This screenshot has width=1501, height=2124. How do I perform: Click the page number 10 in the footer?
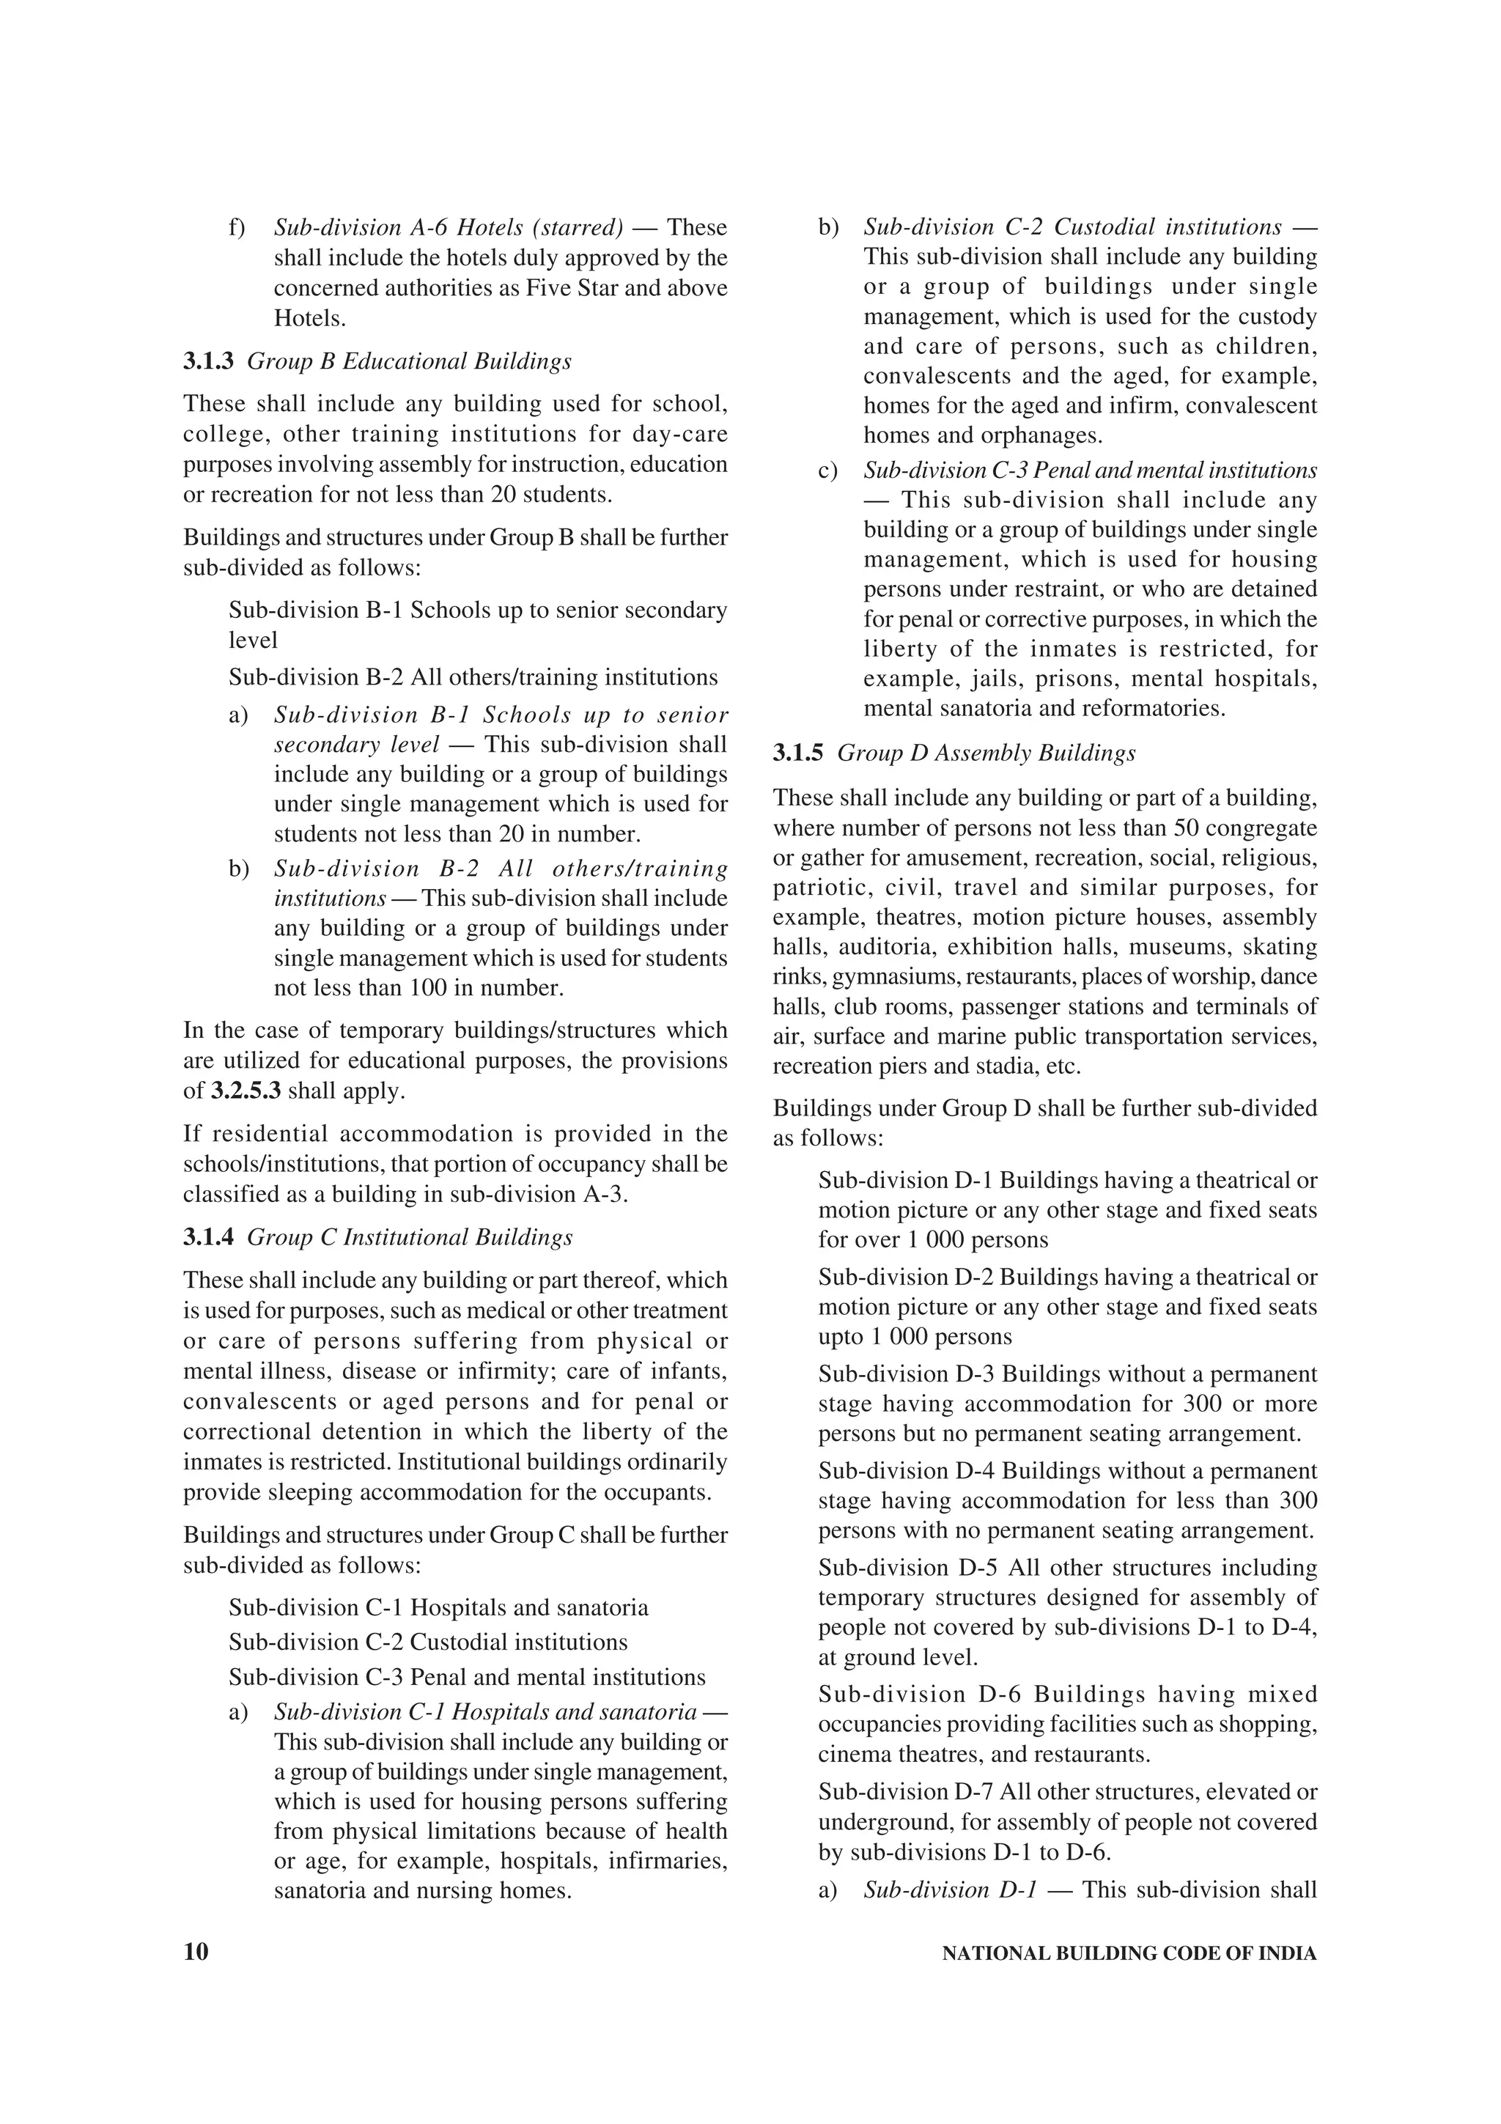(196, 1952)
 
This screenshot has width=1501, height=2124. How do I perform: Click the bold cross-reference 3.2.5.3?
(247, 1091)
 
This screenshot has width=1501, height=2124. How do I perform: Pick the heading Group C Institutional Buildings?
(410, 1238)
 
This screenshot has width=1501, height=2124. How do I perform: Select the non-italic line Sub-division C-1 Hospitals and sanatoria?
(438, 1607)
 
